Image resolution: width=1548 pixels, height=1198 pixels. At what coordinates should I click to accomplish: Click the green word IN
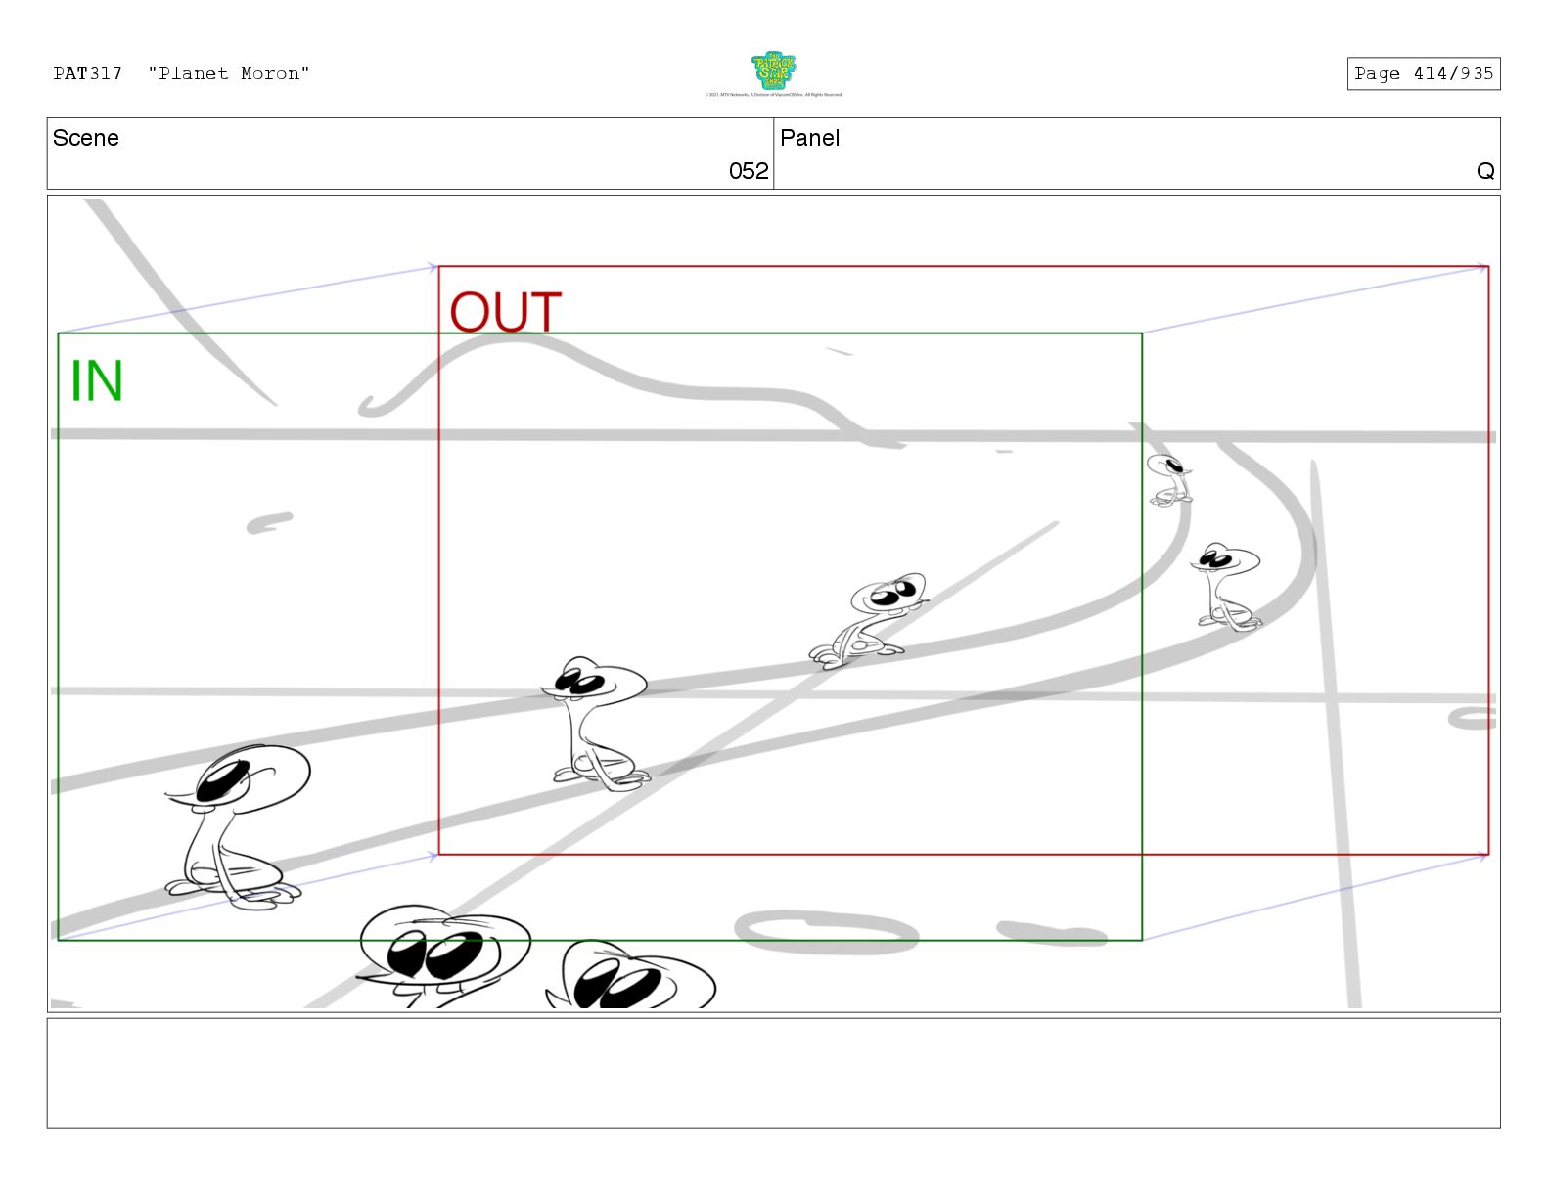click(97, 380)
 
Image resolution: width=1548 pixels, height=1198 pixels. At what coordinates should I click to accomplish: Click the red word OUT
click(505, 313)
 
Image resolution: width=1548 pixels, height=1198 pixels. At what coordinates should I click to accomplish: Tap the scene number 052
click(749, 171)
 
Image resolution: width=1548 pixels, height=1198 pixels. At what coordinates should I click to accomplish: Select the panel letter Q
click(1484, 171)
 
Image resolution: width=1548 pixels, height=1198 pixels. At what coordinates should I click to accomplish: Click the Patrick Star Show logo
click(773, 72)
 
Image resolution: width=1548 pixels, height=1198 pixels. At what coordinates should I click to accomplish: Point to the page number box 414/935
click(1423, 73)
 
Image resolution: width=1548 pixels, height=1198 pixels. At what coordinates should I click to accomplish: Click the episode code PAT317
click(87, 73)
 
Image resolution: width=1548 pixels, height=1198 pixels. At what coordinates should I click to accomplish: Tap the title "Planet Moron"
click(229, 73)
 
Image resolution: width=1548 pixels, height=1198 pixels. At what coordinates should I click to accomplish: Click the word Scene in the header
click(85, 138)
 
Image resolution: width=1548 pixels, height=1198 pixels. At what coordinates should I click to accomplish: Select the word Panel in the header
click(809, 138)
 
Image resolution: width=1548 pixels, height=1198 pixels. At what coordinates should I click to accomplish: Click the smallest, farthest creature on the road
click(1168, 480)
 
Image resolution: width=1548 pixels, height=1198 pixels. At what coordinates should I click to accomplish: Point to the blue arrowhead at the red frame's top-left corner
click(433, 267)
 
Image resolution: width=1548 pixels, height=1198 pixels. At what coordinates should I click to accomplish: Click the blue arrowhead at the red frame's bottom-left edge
click(433, 857)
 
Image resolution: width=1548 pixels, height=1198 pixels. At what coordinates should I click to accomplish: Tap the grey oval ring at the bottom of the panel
click(825, 932)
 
